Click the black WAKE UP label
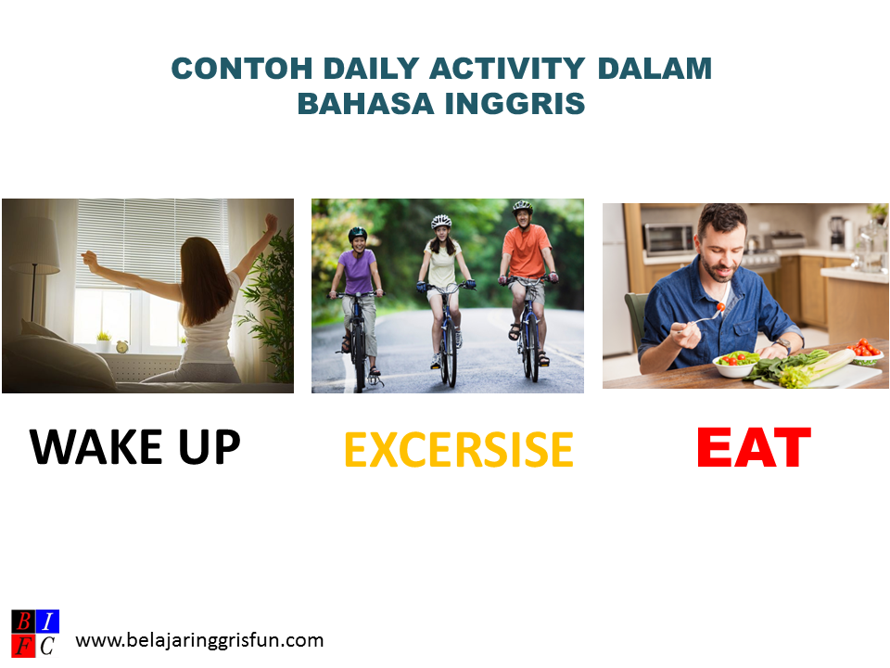click(135, 447)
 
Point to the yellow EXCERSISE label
click(458, 450)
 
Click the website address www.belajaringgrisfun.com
click(199, 640)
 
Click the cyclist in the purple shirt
click(357, 278)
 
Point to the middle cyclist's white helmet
click(441, 222)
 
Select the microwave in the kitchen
click(668, 238)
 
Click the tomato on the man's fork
click(720, 307)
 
